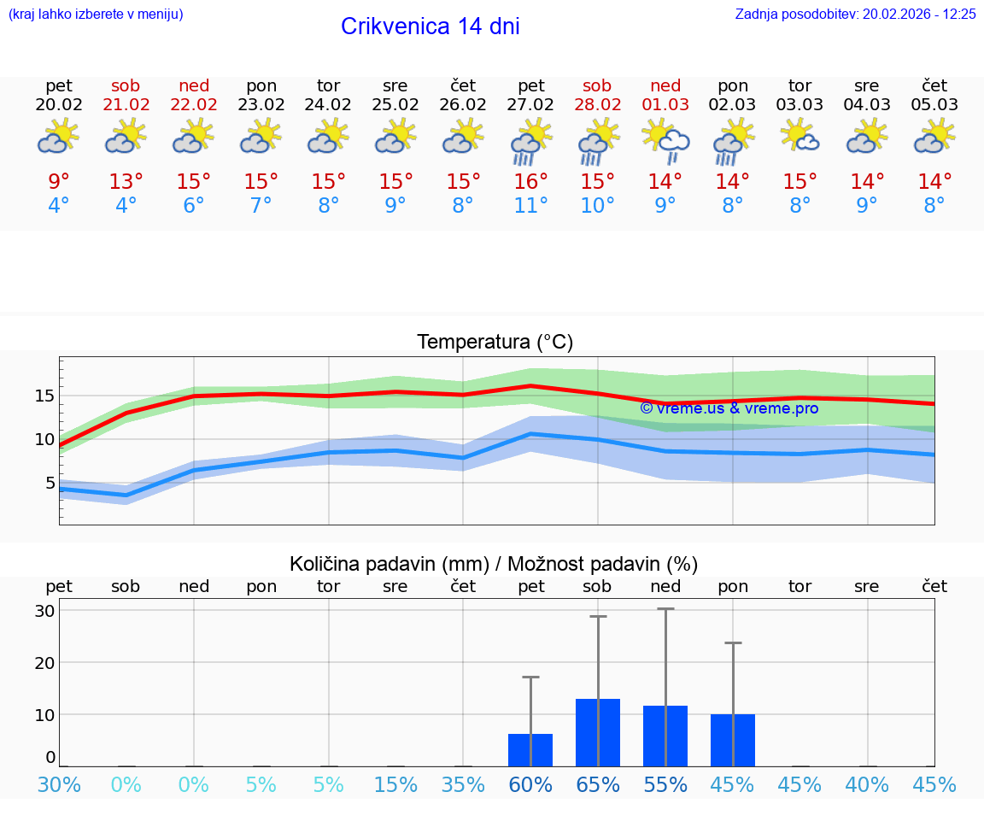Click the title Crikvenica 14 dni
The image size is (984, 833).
[430, 26]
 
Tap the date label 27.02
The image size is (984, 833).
[530, 104]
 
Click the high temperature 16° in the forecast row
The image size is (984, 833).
[530, 182]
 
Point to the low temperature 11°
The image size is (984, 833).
[530, 205]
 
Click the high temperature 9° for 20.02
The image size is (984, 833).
[58, 182]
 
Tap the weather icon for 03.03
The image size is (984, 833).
[800, 137]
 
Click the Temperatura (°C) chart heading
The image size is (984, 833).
[495, 342]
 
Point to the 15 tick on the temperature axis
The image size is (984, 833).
[44, 396]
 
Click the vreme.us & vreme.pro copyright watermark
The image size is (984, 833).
[729, 408]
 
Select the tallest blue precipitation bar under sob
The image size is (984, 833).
[598, 732]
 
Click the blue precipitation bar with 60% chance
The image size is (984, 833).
[530, 749]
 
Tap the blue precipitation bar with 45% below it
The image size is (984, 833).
[733, 740]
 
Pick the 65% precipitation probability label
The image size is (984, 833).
[598, 784]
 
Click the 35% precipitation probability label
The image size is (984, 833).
[463, 784]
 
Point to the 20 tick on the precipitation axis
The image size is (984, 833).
[44, 662]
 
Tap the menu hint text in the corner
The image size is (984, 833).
[96, 14]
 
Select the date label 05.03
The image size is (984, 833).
[934, 104]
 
